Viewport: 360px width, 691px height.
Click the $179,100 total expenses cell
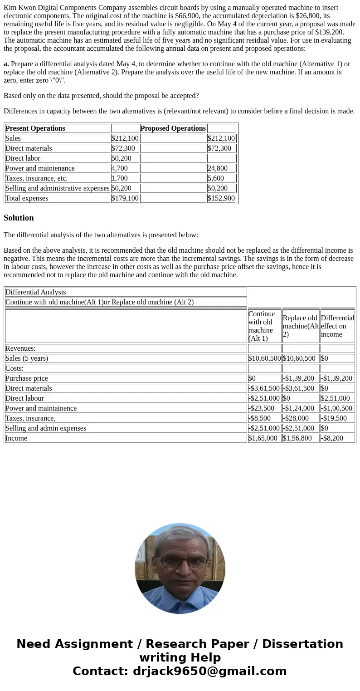[x=125, y=198]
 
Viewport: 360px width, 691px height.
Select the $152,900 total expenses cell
[x=221, y=198]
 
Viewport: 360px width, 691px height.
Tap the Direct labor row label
[x=23, y=158]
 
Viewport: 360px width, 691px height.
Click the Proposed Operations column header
[x=173, y=128]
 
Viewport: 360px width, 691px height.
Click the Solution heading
[x=19, y=218]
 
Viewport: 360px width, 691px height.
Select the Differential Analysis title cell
[x=36, y=292]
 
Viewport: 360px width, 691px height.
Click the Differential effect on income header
[x=337, y=326]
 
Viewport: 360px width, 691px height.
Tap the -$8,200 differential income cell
[x=332, y=438]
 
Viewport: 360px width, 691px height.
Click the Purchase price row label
[x=26, y=378]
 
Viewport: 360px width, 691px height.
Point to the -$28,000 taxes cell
[x=296, y=418]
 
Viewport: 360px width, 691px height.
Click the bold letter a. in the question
[x=6, y=64]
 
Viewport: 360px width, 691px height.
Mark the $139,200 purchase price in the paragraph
[x=330, y=32]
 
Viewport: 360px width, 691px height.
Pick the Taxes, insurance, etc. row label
[x=36, y=178]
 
